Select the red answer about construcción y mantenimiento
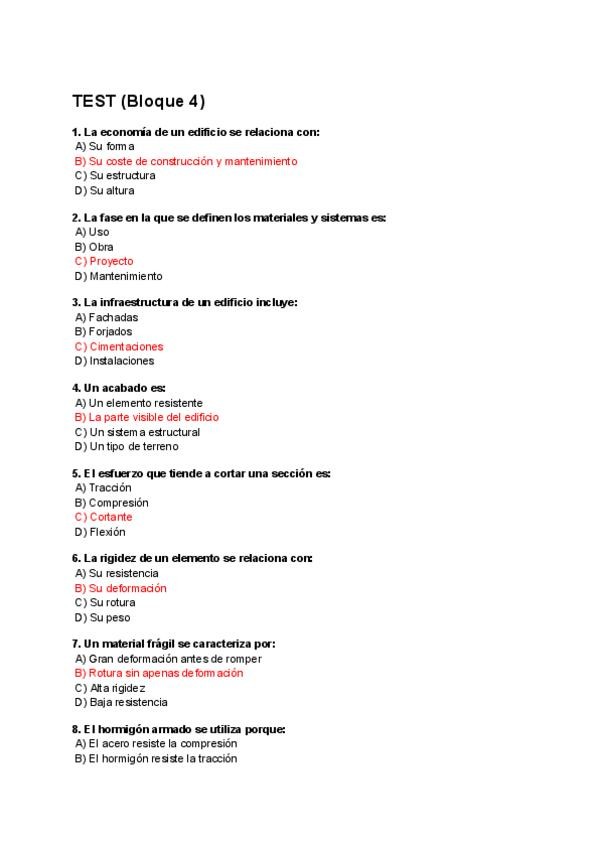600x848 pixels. point(186,161)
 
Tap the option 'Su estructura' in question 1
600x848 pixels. point(115,176)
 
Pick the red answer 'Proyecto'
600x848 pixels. point(104,261)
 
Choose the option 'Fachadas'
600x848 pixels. point(106,317)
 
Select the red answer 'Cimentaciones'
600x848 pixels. point(119,347)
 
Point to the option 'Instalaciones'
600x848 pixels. point(114,361)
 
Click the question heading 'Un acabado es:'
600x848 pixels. point(119,387)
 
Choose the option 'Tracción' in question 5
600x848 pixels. point(103,488)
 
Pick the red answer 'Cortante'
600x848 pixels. point(104,517)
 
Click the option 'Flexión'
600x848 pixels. point(100,532)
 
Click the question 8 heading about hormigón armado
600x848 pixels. point(179,729)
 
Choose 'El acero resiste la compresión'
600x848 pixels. point(156,744)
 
